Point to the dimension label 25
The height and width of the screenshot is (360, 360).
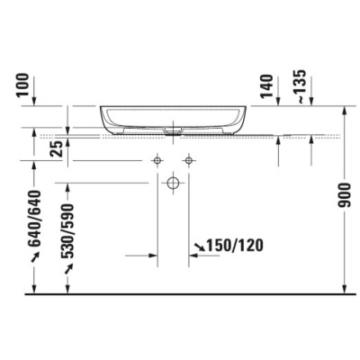tap(56, 148)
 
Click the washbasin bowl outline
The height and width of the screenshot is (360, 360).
tap(170, 118)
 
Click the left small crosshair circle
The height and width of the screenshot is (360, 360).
tap(157, 159)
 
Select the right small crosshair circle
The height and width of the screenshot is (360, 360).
tap(188, 159)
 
